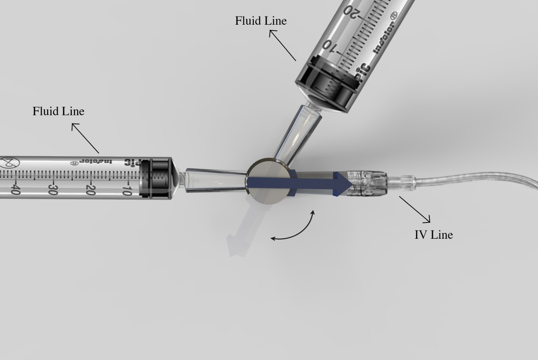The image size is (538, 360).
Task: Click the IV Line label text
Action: point(434,234)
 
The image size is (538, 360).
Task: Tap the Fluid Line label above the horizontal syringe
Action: point(58,111)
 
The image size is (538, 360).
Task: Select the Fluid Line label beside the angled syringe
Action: point(261,21)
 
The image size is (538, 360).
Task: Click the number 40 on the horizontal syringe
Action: point(16,189)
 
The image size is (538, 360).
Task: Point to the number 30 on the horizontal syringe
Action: point(53,190)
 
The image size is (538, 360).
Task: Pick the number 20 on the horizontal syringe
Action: point(91,190)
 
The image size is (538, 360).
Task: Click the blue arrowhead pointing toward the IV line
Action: point(343,184)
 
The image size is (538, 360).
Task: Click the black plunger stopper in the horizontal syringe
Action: point(156,179)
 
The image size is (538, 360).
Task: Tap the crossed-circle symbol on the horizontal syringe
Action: point(10,163)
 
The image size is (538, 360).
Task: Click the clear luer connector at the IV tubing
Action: point(367,183)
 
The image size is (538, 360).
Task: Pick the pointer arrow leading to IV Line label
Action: point(415,210)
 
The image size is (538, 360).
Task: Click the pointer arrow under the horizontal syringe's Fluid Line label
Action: point(85,138)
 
